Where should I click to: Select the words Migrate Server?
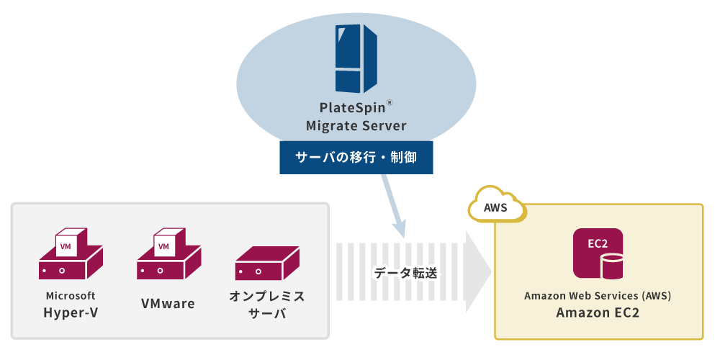point(356,126)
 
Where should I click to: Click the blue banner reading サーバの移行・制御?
point(356,158)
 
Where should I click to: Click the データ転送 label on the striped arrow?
point(405,274)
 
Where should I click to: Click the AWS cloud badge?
point(497,207)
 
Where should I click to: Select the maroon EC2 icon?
point(598,253)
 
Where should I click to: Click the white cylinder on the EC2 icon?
point(612,266)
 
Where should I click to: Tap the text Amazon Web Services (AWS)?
point(598,296)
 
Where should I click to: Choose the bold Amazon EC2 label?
point(598,313)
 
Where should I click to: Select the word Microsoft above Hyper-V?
point(71,296)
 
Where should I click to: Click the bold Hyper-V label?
point(71,312)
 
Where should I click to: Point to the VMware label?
point(168,303)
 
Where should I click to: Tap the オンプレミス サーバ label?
point(267,305)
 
